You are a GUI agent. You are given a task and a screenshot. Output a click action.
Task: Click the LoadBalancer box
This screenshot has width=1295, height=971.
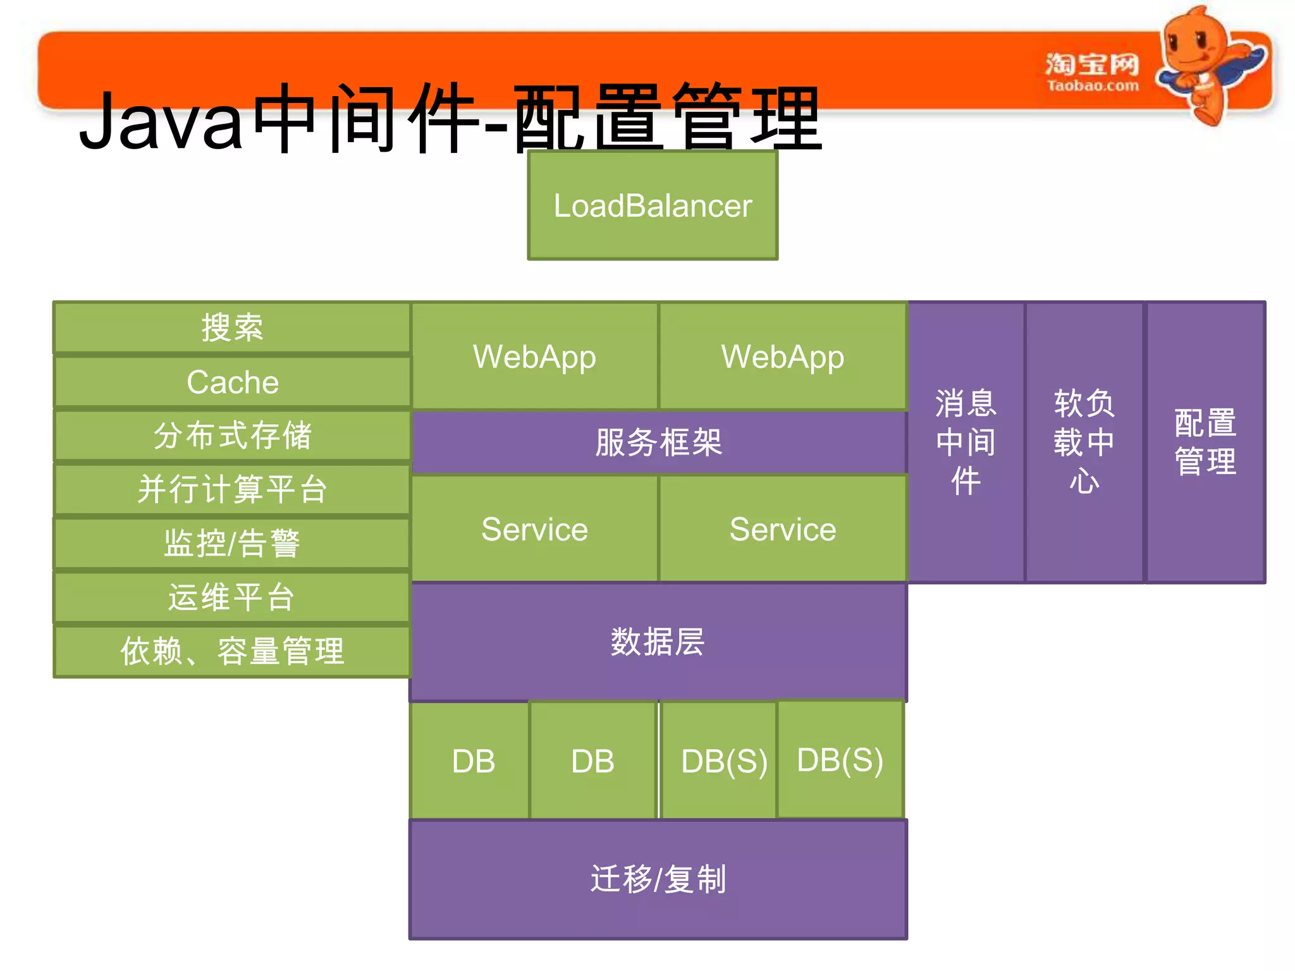(653, 205)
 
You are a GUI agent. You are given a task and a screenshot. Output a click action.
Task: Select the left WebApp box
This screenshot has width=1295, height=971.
(534, 357)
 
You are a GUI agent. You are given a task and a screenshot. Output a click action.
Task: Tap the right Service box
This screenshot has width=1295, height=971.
(783, 529)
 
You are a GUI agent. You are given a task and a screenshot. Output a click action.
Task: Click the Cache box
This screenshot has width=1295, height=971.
(233, 382)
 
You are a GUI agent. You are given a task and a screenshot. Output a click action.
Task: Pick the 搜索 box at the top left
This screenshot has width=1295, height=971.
(233, 327)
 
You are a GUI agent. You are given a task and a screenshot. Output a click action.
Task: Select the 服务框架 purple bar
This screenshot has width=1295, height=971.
(658, 442)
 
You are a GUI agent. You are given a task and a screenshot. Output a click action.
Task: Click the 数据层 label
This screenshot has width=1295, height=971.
(658, 642)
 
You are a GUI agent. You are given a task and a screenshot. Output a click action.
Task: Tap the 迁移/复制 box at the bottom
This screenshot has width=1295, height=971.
(658, 879)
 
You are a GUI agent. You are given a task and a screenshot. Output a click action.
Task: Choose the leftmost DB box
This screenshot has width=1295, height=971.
(473, 760)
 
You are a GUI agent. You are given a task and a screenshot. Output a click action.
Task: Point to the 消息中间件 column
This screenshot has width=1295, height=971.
(966, 442)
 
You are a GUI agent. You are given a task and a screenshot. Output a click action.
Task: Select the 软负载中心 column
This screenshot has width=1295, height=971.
(1084, 442)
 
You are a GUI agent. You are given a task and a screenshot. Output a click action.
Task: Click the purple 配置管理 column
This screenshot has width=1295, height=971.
(1205, 442)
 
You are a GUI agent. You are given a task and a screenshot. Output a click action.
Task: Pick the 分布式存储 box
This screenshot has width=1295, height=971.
(233, 436)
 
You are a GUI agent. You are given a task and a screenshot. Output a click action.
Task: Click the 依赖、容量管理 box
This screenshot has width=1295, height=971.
(233, 651)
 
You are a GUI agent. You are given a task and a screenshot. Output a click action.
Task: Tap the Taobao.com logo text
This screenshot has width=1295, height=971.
(1092, 85)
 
